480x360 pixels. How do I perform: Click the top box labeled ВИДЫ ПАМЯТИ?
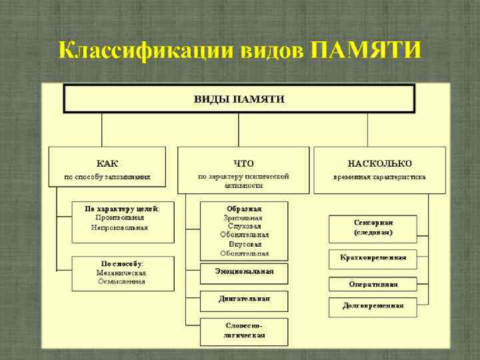tap(239, 99)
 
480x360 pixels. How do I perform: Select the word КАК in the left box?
tap(107, 163)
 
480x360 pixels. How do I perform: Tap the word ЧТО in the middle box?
tap(243, 163)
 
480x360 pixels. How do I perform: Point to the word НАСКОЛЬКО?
tap(379, 163)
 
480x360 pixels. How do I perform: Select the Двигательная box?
tap(244, 299)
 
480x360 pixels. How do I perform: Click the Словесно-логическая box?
tap(244, 331)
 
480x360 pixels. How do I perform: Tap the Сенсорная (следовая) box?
tap(373, 228)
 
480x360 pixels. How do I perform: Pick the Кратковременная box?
tap(373, 257)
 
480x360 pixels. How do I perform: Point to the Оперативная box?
tap(373, 284)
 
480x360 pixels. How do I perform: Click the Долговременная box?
tap(373, 306)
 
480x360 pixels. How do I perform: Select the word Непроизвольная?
tap(120, 227)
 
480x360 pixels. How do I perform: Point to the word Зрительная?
tap(244, 217)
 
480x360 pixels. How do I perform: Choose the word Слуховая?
tap(244, 226)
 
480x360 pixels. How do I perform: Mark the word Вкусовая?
tap(244, 244)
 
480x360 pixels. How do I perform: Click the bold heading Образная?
tap(244, 208)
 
